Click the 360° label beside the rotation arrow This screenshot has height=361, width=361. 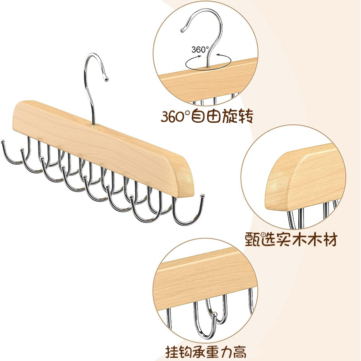(x=200, y=49)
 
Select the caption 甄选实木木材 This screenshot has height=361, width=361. (x=292, y=239)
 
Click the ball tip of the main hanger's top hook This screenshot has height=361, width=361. (x=106, y=79)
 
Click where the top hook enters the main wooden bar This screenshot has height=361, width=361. (x=93, y=125)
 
